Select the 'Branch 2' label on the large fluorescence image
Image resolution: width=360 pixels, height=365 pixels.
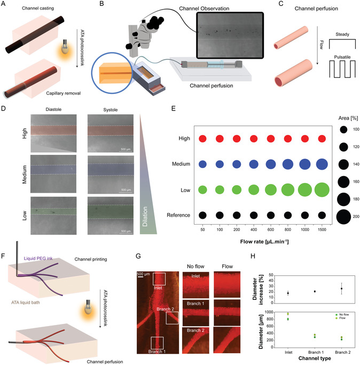coord(157,309)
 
